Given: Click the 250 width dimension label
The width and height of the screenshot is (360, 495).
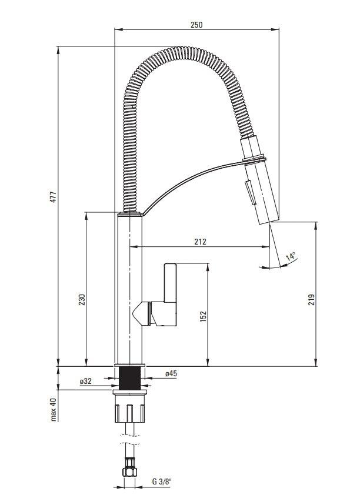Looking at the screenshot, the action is click(x=196, y=25).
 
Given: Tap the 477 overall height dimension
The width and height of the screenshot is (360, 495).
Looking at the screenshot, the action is click(x=54, y=197).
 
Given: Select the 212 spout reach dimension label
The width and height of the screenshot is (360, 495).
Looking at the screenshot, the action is click(x=200, y=242).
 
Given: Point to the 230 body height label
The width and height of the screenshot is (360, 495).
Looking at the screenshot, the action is click(x=82, y=300).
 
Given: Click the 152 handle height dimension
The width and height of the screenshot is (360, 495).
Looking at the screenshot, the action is click(x=203, y=316).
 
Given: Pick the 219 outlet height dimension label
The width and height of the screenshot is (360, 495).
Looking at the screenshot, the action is click(x=311, y=299).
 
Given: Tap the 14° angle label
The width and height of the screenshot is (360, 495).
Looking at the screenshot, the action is click(x=291, y=256).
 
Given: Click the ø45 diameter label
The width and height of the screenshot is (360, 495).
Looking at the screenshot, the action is click(x=171, y=373).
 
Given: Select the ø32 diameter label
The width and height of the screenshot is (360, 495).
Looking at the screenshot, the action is click(x=85, y=381).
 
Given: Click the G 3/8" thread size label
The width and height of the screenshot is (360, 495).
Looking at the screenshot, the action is click(x=162, y=482).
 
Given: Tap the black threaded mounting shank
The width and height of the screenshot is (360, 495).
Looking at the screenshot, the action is click(x=129, y=378).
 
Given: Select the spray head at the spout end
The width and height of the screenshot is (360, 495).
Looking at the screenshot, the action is click(x=259, y=180).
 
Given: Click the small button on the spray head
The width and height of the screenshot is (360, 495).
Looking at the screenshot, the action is click(x=249, y=192).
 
